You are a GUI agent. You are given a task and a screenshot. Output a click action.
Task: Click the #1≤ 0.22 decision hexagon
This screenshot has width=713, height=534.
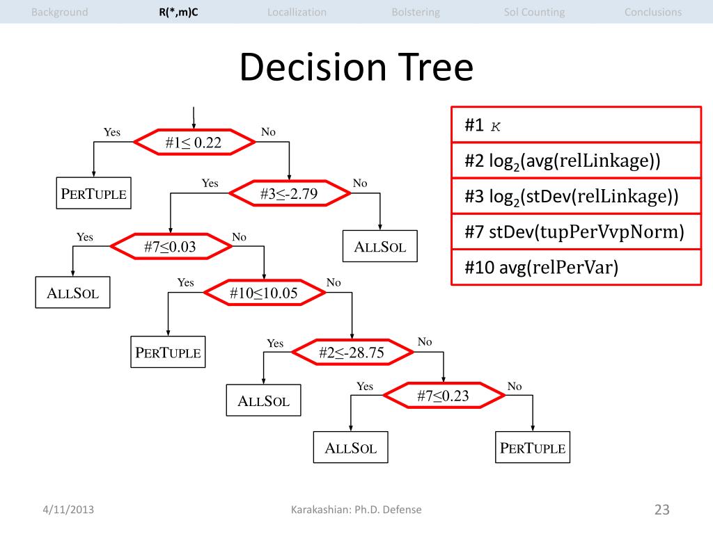coord(193,143)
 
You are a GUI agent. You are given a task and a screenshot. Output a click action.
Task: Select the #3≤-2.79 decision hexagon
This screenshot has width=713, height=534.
coord(289,194)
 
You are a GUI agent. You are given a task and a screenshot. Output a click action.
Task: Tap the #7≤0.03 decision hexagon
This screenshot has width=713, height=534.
coord(170,247)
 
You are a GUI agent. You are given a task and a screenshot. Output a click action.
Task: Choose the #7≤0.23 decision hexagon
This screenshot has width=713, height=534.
coord(443,396)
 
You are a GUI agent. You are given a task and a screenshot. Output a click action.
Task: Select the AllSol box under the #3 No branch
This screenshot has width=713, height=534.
coord(380,247)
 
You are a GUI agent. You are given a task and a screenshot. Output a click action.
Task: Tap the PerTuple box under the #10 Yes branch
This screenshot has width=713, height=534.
coord(169,353)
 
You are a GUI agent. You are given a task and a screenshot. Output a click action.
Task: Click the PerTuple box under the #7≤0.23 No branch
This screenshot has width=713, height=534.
coord(533,448)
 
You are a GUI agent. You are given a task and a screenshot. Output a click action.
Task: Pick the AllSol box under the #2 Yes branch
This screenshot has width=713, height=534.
coord(264,401)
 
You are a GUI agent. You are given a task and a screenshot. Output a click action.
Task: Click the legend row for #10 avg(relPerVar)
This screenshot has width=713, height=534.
coord(575,267)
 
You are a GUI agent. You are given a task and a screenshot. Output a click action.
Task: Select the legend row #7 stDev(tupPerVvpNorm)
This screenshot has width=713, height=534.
coord(575,232)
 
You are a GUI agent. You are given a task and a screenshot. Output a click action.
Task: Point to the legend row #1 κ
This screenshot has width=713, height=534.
coord(575,125)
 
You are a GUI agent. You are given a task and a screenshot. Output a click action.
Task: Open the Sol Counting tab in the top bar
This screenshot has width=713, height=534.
coord(534,12)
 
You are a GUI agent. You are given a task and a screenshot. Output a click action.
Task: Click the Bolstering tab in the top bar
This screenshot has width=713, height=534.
coord(416,12)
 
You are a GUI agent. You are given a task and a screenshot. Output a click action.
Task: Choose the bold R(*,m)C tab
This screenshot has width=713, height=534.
coord(178,12)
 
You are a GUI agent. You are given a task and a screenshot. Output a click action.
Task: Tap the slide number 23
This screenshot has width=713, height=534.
coord(661,510)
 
